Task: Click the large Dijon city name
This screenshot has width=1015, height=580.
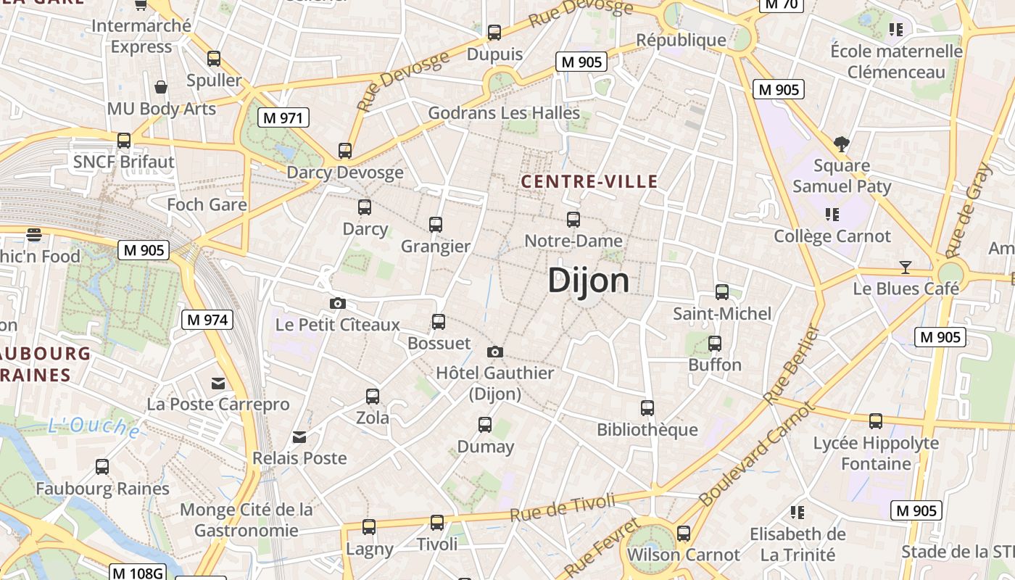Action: (588, 281)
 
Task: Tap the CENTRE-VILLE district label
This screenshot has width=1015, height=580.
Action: (589, 182)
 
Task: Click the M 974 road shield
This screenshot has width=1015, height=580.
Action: (207, 319)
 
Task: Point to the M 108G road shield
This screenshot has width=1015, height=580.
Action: (138, 573)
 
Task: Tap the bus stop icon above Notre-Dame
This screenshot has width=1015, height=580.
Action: (573, 219)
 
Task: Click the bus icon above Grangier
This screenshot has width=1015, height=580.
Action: (436, 225)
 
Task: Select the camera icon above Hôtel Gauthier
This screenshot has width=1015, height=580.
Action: (495, 352)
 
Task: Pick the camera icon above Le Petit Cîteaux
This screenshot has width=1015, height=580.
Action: (337, 303)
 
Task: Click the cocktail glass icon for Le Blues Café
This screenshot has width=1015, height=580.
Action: (905, 268)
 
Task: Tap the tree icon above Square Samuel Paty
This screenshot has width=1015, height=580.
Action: (842, 144)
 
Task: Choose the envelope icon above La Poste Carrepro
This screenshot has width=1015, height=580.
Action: (218, 384)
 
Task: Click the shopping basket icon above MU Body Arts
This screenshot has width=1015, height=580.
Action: (161, 88)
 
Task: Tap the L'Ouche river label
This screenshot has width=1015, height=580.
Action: (94, 427)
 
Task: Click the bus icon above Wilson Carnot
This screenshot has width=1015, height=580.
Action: (683, 534)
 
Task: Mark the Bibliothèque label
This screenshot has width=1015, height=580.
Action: (647, 430)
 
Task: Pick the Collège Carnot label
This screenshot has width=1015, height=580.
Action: (832, 236)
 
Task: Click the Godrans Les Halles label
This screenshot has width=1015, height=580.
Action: (504, 113)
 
